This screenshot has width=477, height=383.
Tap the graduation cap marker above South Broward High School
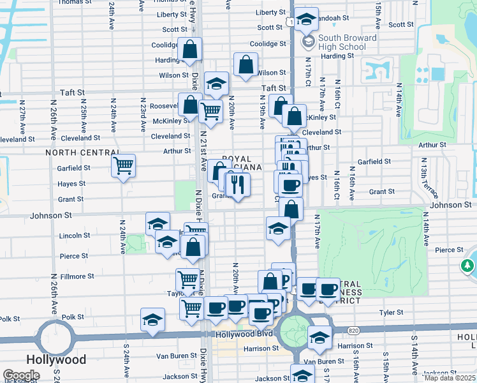[307, 20]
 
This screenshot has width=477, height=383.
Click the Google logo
[21, 375]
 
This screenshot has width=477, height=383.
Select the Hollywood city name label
[56, 359]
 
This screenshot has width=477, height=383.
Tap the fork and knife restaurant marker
[238, 185]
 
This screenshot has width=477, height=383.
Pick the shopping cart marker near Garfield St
[123, 166]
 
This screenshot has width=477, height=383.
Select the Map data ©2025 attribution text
[450, 378]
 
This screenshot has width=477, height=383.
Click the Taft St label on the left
[72, 93]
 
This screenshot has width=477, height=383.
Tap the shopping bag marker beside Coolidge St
[190, 49]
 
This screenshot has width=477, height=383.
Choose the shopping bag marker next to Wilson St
[246, 64]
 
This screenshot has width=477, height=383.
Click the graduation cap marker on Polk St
[152, 320]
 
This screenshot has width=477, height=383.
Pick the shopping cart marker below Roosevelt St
[210, 112]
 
